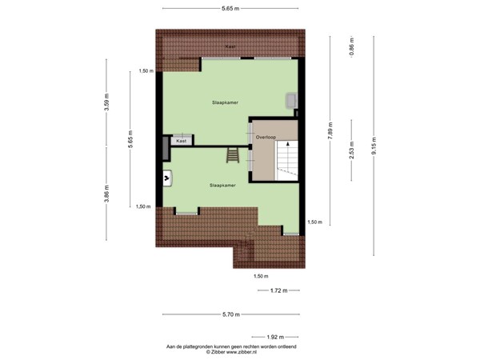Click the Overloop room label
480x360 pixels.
[266, 137]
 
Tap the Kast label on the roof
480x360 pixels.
[230, 46]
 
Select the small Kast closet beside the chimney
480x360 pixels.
[182, 141]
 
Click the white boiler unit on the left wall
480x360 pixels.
[167, 178]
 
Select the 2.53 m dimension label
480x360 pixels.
[351, 150]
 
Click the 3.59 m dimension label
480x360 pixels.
[106, 104]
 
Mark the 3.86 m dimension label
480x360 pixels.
[106, 194]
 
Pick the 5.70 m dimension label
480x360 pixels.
[234, 315]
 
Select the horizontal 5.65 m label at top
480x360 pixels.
[234, 8]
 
